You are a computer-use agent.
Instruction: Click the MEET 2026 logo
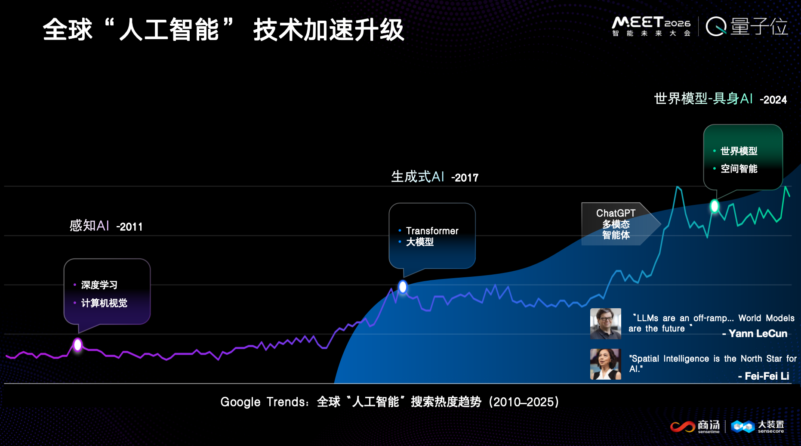[651, 26]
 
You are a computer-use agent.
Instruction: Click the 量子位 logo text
[759, 27]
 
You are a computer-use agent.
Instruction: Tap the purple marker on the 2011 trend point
[77, 344]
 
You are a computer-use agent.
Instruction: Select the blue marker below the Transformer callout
[403, 287]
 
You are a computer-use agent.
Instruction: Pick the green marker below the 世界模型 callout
[714, 206]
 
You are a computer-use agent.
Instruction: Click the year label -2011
[129, 227]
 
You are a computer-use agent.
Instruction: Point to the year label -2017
[465, 178]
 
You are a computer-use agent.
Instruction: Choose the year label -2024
[773, 100]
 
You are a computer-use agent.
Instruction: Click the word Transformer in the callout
[432, 231]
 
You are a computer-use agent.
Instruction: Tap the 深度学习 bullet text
[99, 285]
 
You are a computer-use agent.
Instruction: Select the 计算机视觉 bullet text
[104, 303]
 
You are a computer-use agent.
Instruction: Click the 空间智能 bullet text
[739, 169]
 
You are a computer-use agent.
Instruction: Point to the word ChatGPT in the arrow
[616, 213]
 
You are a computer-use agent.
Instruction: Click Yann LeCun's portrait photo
[605, 324]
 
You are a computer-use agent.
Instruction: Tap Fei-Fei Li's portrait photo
[605, 364]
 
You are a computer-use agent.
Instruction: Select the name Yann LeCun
[758, 334]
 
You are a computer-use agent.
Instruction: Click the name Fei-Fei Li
[767, 376]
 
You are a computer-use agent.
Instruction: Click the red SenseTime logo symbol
[682, 426]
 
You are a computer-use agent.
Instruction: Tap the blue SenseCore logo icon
[742, 426]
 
